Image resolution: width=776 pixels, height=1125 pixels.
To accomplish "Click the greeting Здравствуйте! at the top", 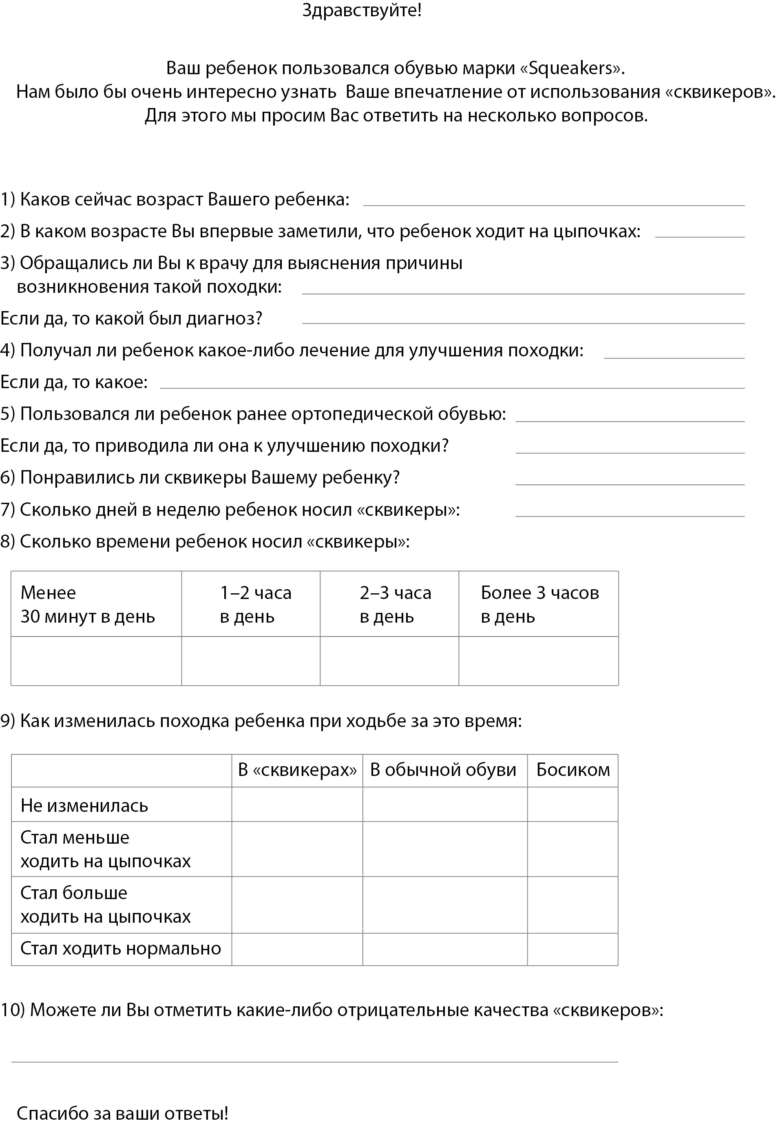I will [362, 10].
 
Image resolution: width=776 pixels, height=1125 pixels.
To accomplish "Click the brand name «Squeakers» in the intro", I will [572, 68].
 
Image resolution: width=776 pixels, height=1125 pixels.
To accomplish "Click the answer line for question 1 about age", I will [553, 204].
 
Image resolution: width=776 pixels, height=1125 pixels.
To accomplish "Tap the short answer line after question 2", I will [699, 236].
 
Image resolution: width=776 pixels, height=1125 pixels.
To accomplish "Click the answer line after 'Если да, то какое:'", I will [452, 387].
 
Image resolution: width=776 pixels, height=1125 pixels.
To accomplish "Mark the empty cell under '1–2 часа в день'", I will [250, 661].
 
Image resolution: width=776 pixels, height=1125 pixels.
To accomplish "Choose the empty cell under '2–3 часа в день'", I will [389, 661].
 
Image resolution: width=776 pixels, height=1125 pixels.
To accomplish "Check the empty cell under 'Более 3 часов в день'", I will [538, 661].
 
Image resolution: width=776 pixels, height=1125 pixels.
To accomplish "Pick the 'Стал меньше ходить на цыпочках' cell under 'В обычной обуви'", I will [444, 849].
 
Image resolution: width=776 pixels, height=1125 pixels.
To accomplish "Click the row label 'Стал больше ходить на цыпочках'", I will [106, 904].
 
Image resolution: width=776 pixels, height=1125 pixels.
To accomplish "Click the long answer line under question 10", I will [314, 1061].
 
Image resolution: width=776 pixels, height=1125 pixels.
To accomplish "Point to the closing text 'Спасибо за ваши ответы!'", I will [122, 1113].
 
